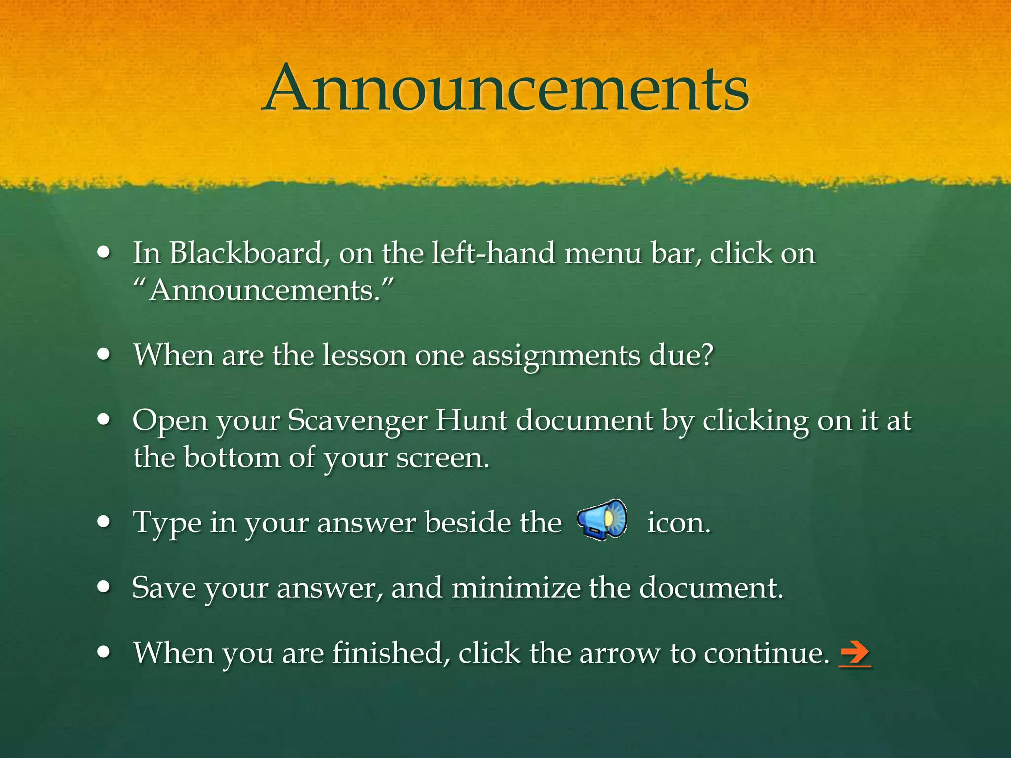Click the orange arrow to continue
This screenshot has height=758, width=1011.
855,653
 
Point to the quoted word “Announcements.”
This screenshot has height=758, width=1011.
264,290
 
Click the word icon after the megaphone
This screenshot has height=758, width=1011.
678,523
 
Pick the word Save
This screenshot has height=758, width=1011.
164,588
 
